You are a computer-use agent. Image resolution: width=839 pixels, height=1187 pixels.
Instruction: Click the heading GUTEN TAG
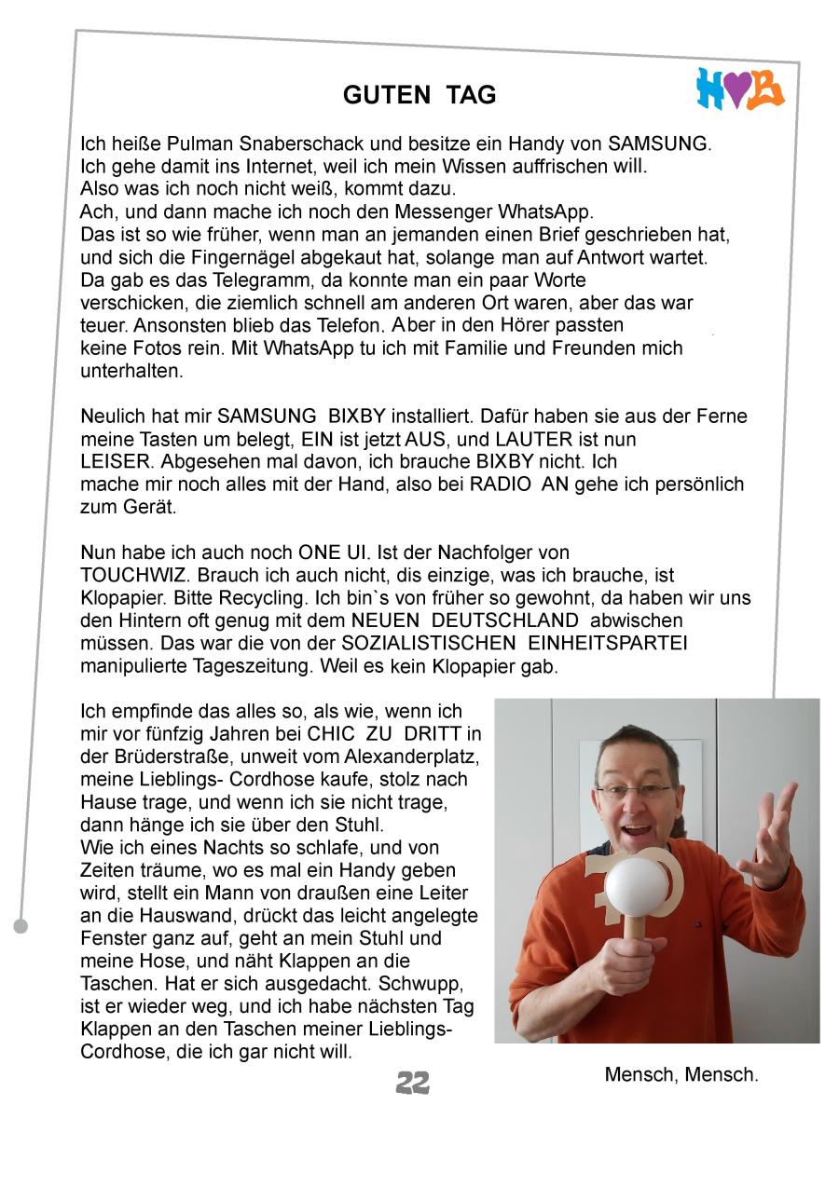pyautogui.click(x=419, y=95)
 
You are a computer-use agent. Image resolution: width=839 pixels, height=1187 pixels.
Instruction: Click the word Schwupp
pyautogui.click(x=430, y=984)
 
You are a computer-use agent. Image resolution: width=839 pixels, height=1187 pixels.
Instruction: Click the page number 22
pyautogui.click(x=413, y=1082)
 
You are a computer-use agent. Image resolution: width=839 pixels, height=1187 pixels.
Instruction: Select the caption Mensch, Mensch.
pyautogui.click(x=681, y=1074)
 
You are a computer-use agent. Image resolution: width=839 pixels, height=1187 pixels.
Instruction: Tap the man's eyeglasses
pyautogui.click(x=634, y=791)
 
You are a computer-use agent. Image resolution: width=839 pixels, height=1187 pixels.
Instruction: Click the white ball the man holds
pyautogui.click(x=638, y=880)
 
